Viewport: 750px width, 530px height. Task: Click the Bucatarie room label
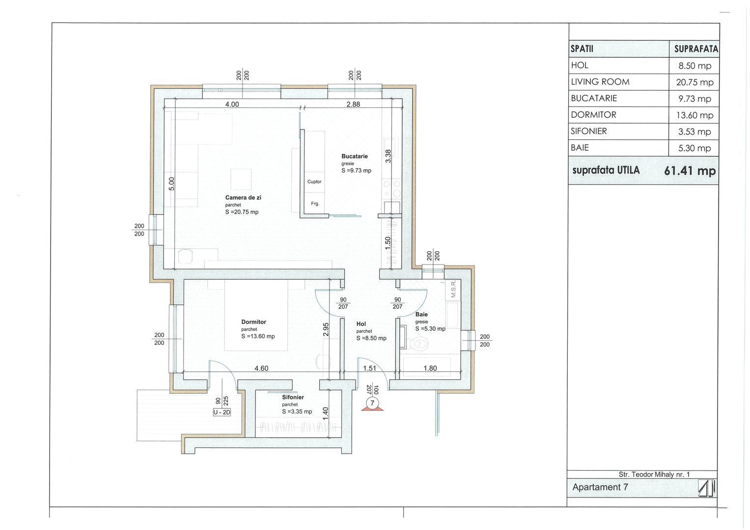(355, 156)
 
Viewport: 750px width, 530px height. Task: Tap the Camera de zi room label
(243, 198)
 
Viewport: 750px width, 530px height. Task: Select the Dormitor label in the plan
(254, 322)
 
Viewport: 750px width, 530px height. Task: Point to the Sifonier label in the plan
(293, 397)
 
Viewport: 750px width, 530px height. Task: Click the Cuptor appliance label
(314, 182)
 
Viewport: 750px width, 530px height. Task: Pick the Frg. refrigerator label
(315, 204)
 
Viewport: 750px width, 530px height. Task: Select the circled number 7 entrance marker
(372, 403)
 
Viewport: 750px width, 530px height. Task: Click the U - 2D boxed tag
(222, 412)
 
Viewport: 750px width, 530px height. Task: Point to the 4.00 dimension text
(232, 105)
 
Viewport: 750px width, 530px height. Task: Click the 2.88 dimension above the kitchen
(353, 105)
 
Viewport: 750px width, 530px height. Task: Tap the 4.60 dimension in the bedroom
(261, 369)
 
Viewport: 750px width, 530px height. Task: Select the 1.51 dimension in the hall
(370, 369)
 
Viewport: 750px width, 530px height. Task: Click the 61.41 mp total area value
(690, 171)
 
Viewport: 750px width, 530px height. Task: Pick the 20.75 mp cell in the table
(695, 82)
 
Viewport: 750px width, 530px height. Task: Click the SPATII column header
(582, 49)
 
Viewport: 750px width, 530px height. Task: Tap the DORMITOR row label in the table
(593, 115)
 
